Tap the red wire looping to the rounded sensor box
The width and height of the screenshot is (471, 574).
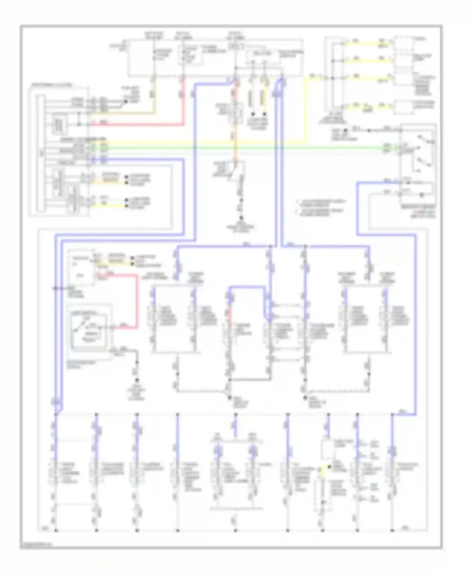pos(137,301)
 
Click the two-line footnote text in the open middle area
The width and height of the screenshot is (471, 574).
pos(321,207)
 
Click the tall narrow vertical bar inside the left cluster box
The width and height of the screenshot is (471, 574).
pos(40,154)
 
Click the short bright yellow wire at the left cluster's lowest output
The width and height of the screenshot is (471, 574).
pos(113,206)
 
